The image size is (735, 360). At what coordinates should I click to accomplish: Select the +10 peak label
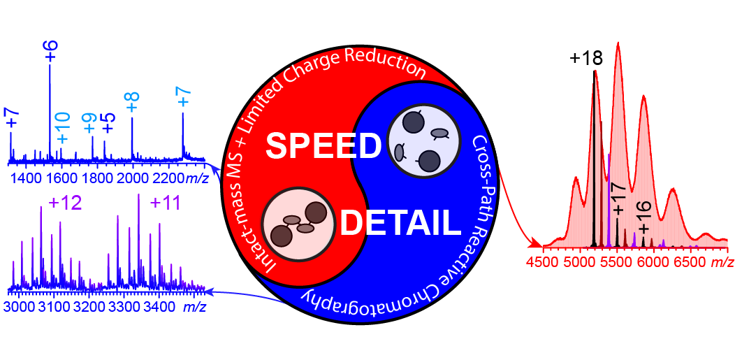click(x=62, y=128)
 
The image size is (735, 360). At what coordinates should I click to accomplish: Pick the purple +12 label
click(x=66, y=203)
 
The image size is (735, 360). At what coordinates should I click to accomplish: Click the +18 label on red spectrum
click(x=585, y=59)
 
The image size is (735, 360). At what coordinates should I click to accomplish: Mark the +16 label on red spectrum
click(x=643, y=219)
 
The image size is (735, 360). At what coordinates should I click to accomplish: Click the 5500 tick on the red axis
click(x=616, y=262)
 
